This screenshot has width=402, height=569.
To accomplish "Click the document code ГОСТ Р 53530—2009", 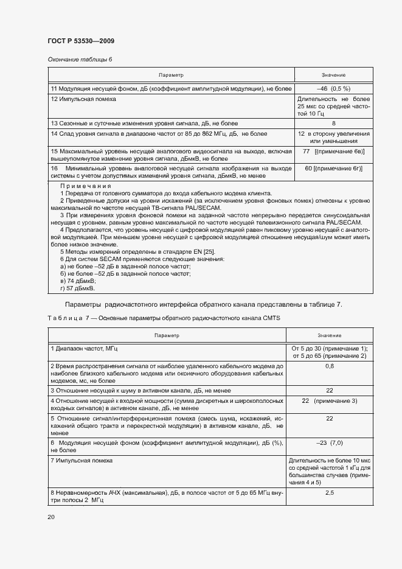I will pyautogui.click(x=80, y=41).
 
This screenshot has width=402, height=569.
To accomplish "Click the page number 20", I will pyautogui.click(x=50, y=517).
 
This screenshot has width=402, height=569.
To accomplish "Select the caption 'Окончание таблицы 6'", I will pyautogui.click(x=80, y=59).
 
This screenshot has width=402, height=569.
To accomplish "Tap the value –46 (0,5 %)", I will pyautogui.click(x=333, y=89).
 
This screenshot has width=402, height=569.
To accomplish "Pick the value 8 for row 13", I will pyautogui.click(x=333, y=123).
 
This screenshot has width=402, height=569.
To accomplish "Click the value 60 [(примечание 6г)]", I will pyautogui.click(x=334, y=168).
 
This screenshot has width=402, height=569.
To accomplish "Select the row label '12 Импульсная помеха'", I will pyautogui.click(x=83, y=99).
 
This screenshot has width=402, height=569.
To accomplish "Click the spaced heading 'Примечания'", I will pyautogui.click(x=86, y=186).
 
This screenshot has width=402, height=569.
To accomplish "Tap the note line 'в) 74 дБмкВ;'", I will pyautogui.click(x=78, y=281).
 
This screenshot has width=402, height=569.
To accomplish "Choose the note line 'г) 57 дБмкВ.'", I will pyautogui.click(x=78, y=288).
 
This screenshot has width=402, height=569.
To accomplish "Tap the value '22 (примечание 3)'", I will pyautogui.click(x=329, y=400).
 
